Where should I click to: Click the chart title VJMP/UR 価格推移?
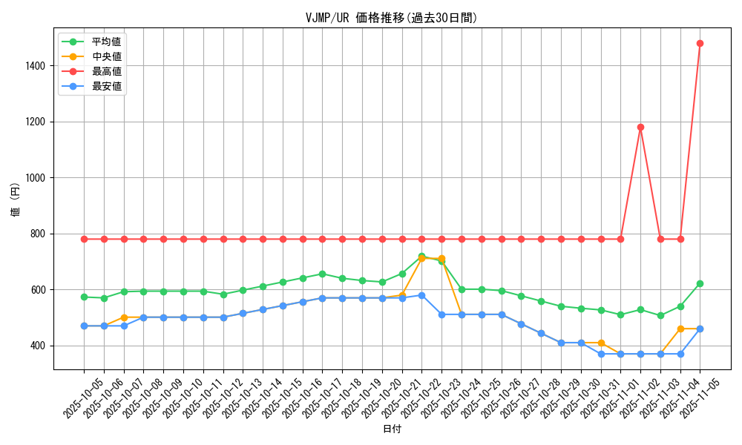pos(391,18)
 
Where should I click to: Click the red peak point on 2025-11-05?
pos(700,43)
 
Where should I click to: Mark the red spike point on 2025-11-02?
pos(640,127)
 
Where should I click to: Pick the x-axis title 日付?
pos(392,429)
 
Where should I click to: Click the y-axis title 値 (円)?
pos(15,200)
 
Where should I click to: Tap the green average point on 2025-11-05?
pos(700,283)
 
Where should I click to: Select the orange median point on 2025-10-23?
pos(441,259)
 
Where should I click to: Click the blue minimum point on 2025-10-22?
pos(421,295)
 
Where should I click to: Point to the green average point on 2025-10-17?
pos(322,274)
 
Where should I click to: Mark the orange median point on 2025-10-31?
pos(601,343)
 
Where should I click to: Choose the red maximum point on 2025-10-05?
pos(84,239)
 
